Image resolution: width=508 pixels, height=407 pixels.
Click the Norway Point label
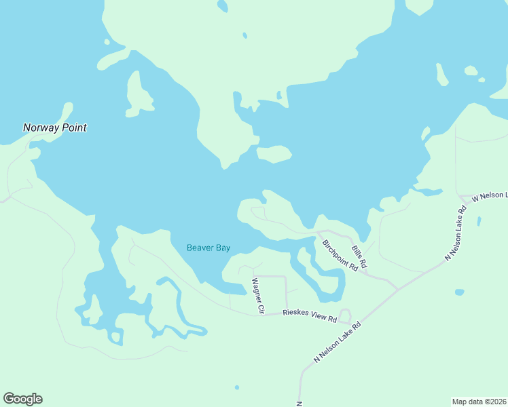point(55,128)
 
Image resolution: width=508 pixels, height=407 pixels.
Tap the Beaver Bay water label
point(208,248)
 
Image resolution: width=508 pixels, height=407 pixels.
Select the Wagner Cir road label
point(257,296)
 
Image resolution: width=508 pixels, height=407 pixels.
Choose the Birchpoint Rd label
point(340,256)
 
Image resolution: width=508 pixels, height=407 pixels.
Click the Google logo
point(22,399)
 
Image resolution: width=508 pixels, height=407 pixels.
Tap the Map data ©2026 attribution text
point(479,402)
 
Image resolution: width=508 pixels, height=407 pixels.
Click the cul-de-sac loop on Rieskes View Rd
point(345,315)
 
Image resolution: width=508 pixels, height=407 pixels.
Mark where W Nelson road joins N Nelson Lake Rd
point(463,201)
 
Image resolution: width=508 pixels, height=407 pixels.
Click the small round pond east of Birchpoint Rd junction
point(460,292)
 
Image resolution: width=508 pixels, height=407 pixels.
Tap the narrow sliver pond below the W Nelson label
point(479,221)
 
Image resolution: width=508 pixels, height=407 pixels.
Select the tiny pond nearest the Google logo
point(236,387)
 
